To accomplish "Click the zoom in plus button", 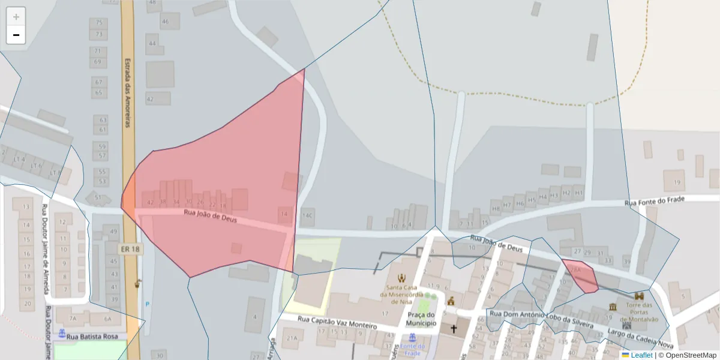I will click(x=16, y=17).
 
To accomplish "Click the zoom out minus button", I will click(x=16, y=35).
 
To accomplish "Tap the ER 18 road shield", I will click(x=130, y=248).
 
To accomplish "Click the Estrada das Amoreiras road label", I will click(x=127, y=92).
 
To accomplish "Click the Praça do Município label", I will click(x=421, y=319).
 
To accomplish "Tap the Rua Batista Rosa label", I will click(x=92, y=337).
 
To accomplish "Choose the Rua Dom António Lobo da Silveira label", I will click(x=542, y=319).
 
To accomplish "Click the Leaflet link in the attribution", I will click(x=641, y=355).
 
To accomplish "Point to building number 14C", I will click(x=308, y=215).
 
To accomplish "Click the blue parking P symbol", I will click(x=148, y=304).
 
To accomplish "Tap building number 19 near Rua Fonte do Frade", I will click(x=677, y=182).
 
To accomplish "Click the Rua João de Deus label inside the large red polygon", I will click(x=210, y=216).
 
